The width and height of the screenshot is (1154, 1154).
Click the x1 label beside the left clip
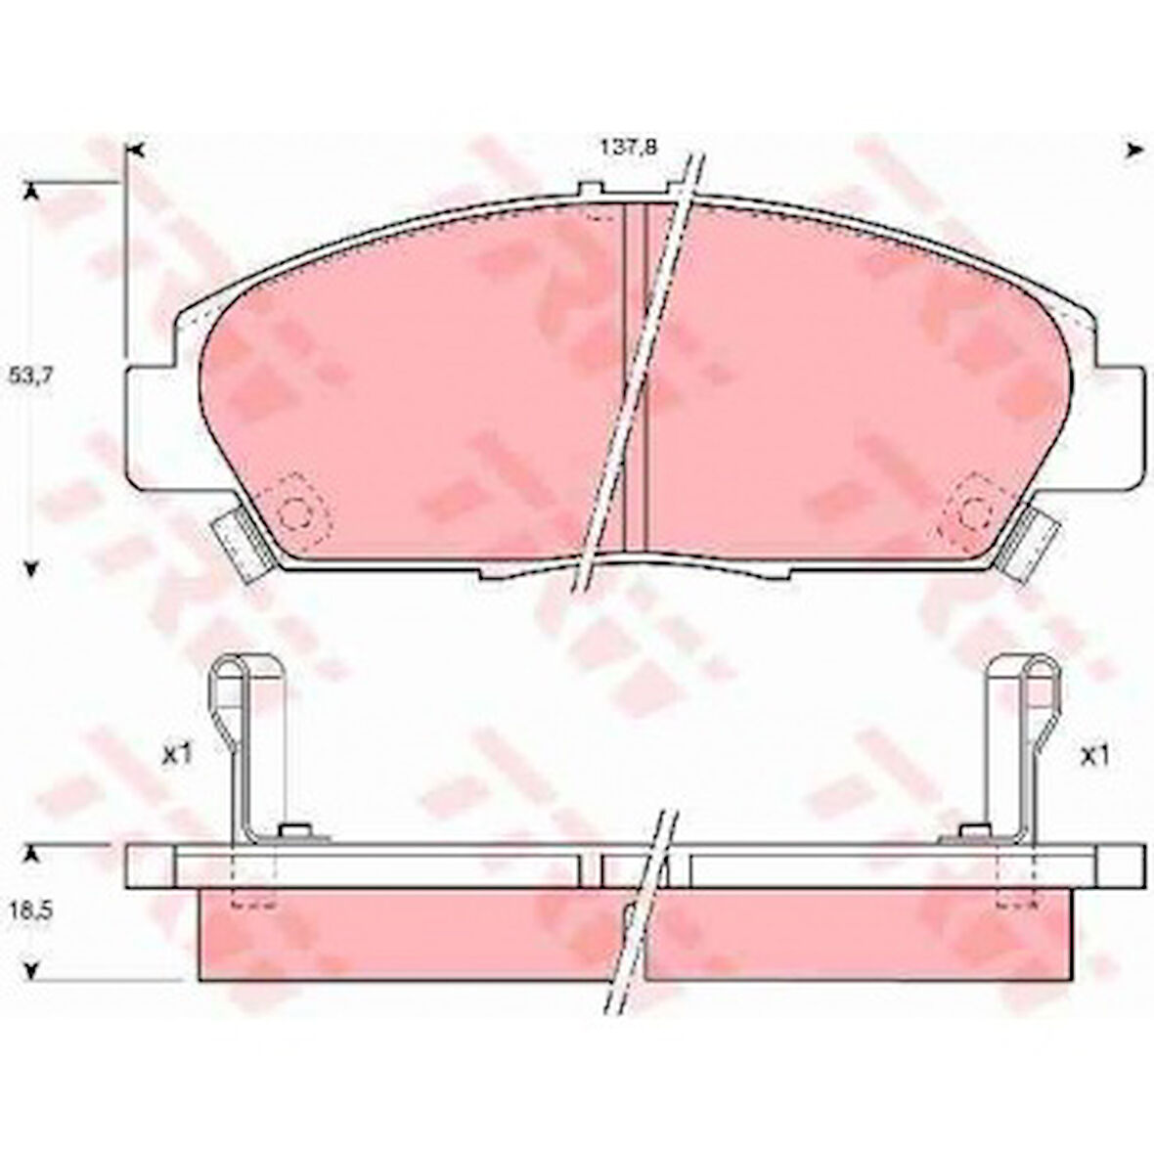(176, 755)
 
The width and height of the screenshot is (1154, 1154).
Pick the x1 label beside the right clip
(1092, 755)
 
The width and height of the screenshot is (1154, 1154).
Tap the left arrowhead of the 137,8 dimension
(137, 150)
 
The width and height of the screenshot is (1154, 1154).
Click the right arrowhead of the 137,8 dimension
(1134, 150)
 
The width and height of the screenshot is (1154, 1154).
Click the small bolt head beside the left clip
(293, 832)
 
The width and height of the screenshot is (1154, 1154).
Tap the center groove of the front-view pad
(636, 381)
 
